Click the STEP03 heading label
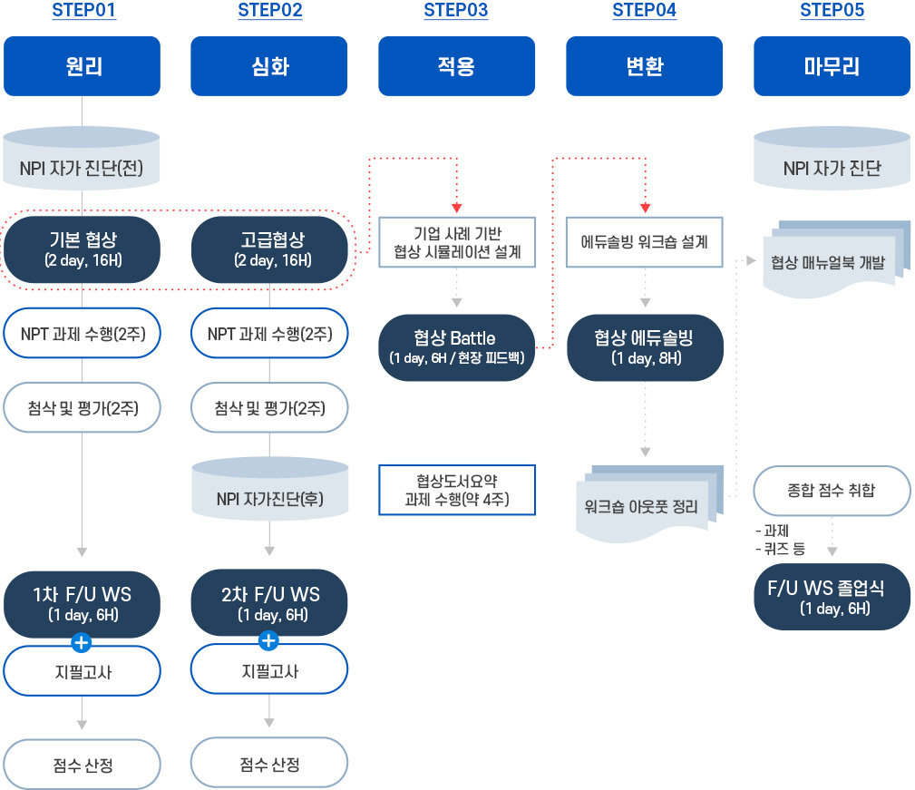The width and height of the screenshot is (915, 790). (x=456, y=12)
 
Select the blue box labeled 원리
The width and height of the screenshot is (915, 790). (x=82, y=66)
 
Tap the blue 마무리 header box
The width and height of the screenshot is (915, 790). (x=832, y=66)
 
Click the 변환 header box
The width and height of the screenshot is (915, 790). (x=644, y=66)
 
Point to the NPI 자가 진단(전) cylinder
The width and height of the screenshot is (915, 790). (x=82, y=163)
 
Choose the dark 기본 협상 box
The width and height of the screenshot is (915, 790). (x=83, y=249)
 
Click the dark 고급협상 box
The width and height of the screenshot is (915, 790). (x=269, y=249)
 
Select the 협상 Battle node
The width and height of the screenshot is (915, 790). (x=456, y=346)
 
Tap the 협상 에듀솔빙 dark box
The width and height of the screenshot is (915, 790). (x=645, y=347)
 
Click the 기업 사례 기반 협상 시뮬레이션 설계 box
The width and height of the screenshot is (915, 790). (x=457, y=242)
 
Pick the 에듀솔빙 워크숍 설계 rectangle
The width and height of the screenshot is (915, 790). (x=645, y=242)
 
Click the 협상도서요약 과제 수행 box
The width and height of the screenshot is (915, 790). (x=457, y=490)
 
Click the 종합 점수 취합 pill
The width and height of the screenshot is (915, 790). (x=832, y=491)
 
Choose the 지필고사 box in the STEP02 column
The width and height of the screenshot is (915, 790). (x=268, y=671)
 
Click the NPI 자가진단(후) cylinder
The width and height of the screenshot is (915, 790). (x=269, y=493)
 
